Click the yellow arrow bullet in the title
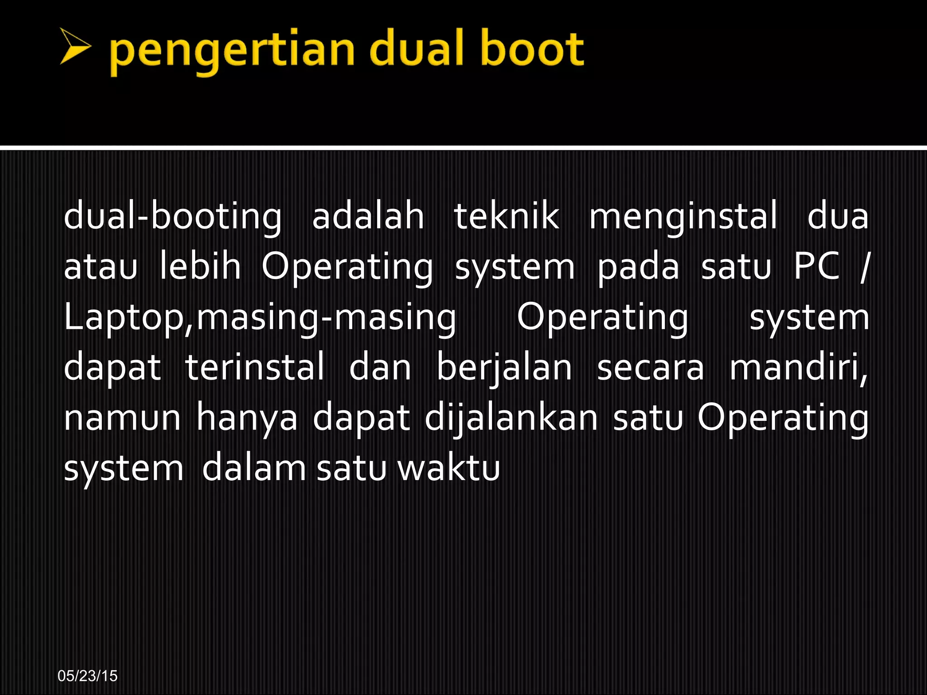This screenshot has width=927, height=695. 75,46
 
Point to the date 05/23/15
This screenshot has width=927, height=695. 88,676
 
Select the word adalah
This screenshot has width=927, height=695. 368,216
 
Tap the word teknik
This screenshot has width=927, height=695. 507,216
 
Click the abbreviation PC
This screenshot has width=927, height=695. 817,266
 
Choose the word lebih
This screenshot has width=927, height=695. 200,266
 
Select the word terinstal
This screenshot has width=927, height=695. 255,367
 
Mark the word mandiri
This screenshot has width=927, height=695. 798,367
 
